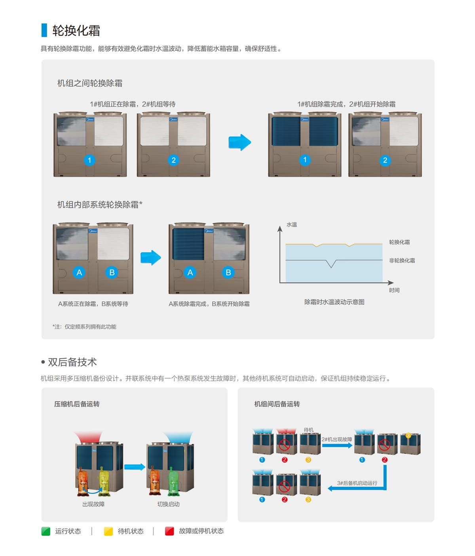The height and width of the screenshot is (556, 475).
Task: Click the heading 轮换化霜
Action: pyautogui.click(x=76, y=31)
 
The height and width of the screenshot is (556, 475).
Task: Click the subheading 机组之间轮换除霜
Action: pyautogui.click(x=90, y=83)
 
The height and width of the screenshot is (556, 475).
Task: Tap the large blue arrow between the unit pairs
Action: pyautogui.click(x=240, y=142)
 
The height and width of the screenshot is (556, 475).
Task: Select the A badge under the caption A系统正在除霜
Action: pyautogui.click(x=79, y=273)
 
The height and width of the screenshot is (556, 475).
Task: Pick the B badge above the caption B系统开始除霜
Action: pyautogui.click(x=228, y=273)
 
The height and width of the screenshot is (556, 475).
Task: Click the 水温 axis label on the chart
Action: pyautogui.click(x=292, y=225)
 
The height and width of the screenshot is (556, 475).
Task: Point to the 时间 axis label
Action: pyautogui.click(x=394, y=290)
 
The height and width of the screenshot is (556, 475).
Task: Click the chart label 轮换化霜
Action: pyautogui.click(x=399, y=242)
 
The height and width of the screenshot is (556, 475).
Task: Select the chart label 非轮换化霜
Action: pyautogui.click(x=402, y=260)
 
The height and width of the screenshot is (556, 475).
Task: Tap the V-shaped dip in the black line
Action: pyautogui.click(x=331, y=264)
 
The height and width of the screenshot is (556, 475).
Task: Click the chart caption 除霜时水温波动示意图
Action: pyautogui.click(x=334, y=302)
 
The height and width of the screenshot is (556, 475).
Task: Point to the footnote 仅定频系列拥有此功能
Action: pyautogui.click(x=90, y=327)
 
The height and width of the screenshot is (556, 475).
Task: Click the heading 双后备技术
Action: pyautogui.click(x=72, y=362)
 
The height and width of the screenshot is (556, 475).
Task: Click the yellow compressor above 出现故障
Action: pyautogui.click(x=104, y=480)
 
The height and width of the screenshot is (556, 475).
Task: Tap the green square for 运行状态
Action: pyautogui.click(x=46, y=531)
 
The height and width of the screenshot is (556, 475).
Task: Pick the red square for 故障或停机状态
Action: pyautogui.click(x=169, y=531)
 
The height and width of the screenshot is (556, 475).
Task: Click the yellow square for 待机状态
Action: pyautogui.click(x=108, y=531)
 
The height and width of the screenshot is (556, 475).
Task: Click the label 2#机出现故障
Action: pyautogui.click(x=336, y=439)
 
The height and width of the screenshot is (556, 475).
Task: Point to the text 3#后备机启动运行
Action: pyautogui.click(x=357, y=483)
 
